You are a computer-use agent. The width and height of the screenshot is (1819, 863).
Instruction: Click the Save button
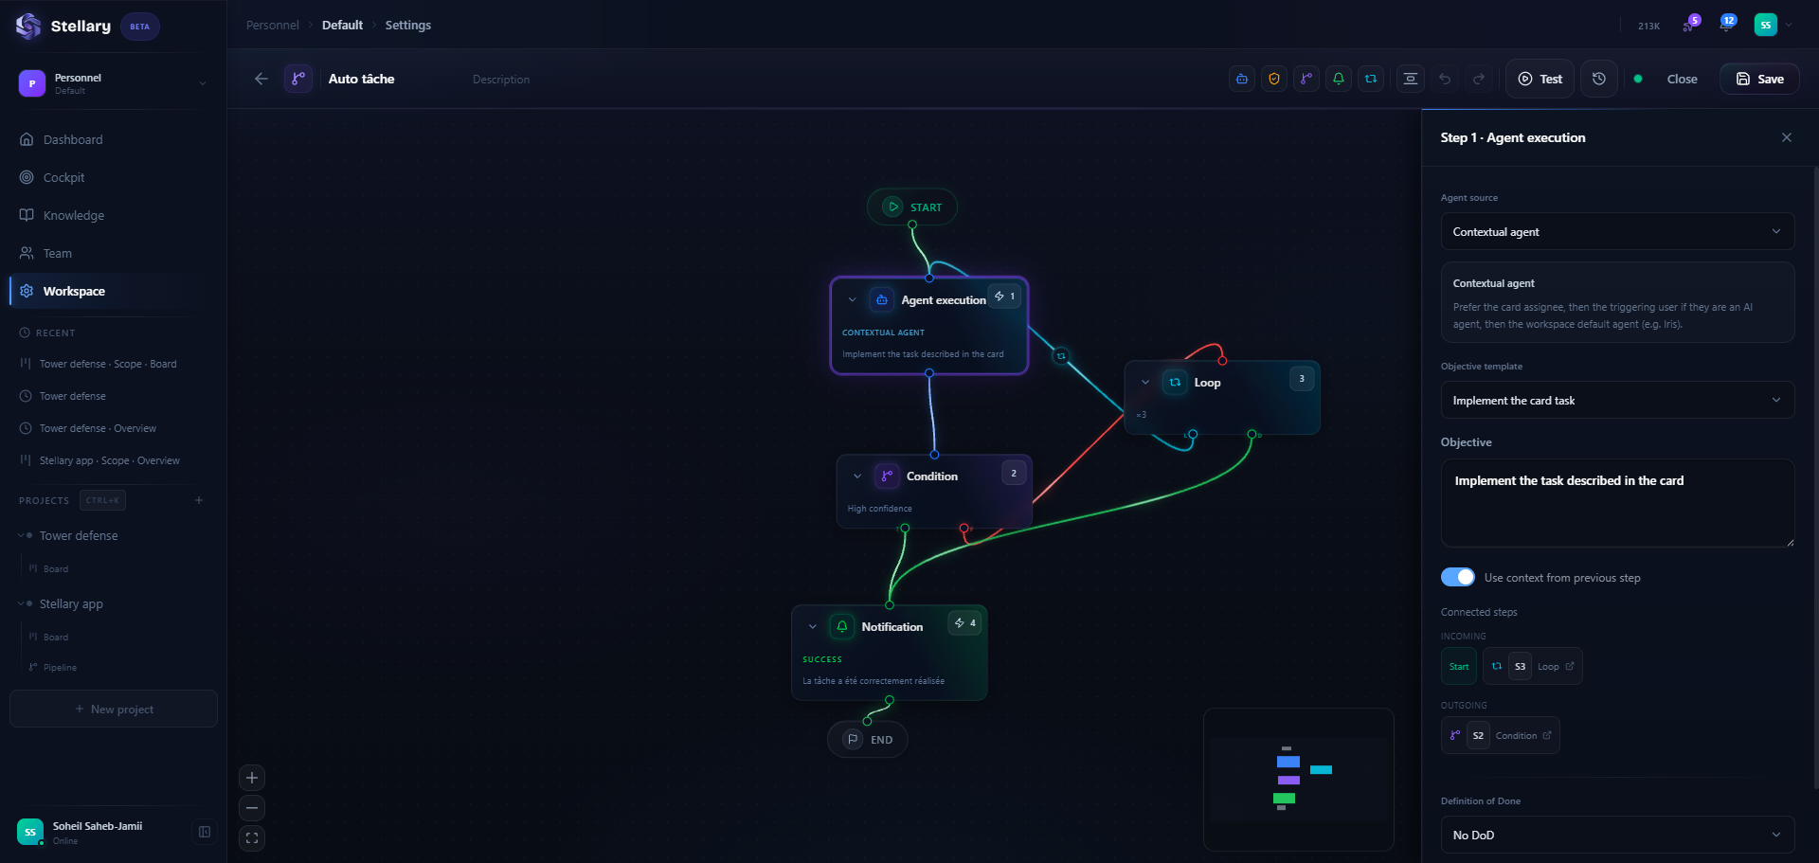1759,79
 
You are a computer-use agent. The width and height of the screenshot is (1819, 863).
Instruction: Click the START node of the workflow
912,207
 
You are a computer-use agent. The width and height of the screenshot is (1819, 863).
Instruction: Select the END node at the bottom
868,740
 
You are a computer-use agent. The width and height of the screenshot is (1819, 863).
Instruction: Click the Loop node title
1207,383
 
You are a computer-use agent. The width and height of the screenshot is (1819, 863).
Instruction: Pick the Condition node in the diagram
932,476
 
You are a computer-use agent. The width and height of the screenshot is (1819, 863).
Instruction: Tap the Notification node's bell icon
842,626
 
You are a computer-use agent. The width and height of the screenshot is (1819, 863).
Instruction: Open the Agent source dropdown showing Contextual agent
1616,232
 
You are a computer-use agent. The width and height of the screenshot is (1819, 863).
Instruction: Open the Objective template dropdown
1616,401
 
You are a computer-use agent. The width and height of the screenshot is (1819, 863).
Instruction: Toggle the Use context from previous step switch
1458,577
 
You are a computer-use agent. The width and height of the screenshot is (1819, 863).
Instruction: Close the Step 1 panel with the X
1786,137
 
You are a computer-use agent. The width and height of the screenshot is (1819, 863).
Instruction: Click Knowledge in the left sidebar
73,215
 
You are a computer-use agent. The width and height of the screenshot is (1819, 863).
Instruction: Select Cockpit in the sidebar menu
63,177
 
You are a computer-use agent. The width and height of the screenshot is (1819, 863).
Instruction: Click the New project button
114,709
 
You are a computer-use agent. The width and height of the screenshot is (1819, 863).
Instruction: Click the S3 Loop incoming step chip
1532,666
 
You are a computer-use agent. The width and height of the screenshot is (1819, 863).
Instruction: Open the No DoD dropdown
1616,835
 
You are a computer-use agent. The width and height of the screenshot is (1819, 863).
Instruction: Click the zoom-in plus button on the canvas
252,778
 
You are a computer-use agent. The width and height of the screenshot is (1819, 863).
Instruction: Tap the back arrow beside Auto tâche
261,79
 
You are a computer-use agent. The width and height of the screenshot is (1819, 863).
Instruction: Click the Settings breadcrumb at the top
407,25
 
